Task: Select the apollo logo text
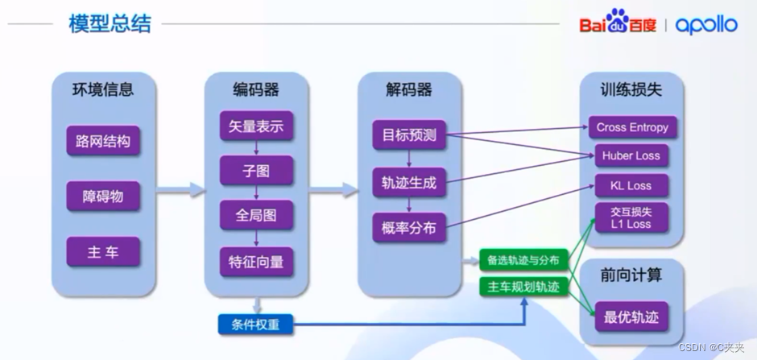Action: (706, 25)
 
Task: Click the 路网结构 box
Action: (103, 142)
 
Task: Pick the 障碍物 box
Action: (103, 197)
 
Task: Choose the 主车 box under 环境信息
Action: (103, 252)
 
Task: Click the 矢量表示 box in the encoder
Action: (256, 126)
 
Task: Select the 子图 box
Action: (256, 170)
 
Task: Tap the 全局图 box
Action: (256, 215)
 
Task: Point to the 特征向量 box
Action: (256, 262)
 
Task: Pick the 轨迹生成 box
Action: (409, 183)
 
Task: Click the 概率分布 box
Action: (409, 228)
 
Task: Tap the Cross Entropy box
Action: (632, 127)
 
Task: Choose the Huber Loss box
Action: (632, 156)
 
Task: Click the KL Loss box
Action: (632, 186)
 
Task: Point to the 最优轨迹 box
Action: (632, 317)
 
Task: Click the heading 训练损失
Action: (632, 90)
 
